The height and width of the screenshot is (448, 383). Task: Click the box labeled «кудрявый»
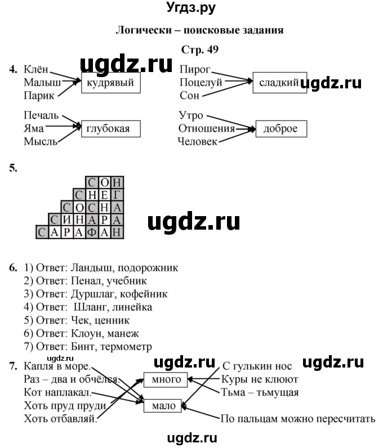pos(110,83)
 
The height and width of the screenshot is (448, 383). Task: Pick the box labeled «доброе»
pos(280,129)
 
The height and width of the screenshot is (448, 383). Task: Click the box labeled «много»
pos(167,380)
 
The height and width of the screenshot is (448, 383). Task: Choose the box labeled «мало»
pos(164,405)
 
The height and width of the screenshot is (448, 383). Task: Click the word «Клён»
pos(37,70)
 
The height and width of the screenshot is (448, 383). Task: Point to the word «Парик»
pos(39,96)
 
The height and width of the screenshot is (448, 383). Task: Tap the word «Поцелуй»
pos(201,83)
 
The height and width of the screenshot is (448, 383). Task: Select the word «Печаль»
pos(41,116)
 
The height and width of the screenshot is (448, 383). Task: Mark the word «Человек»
pos(197,142)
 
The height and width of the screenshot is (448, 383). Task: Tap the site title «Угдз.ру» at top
pos(191,8)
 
